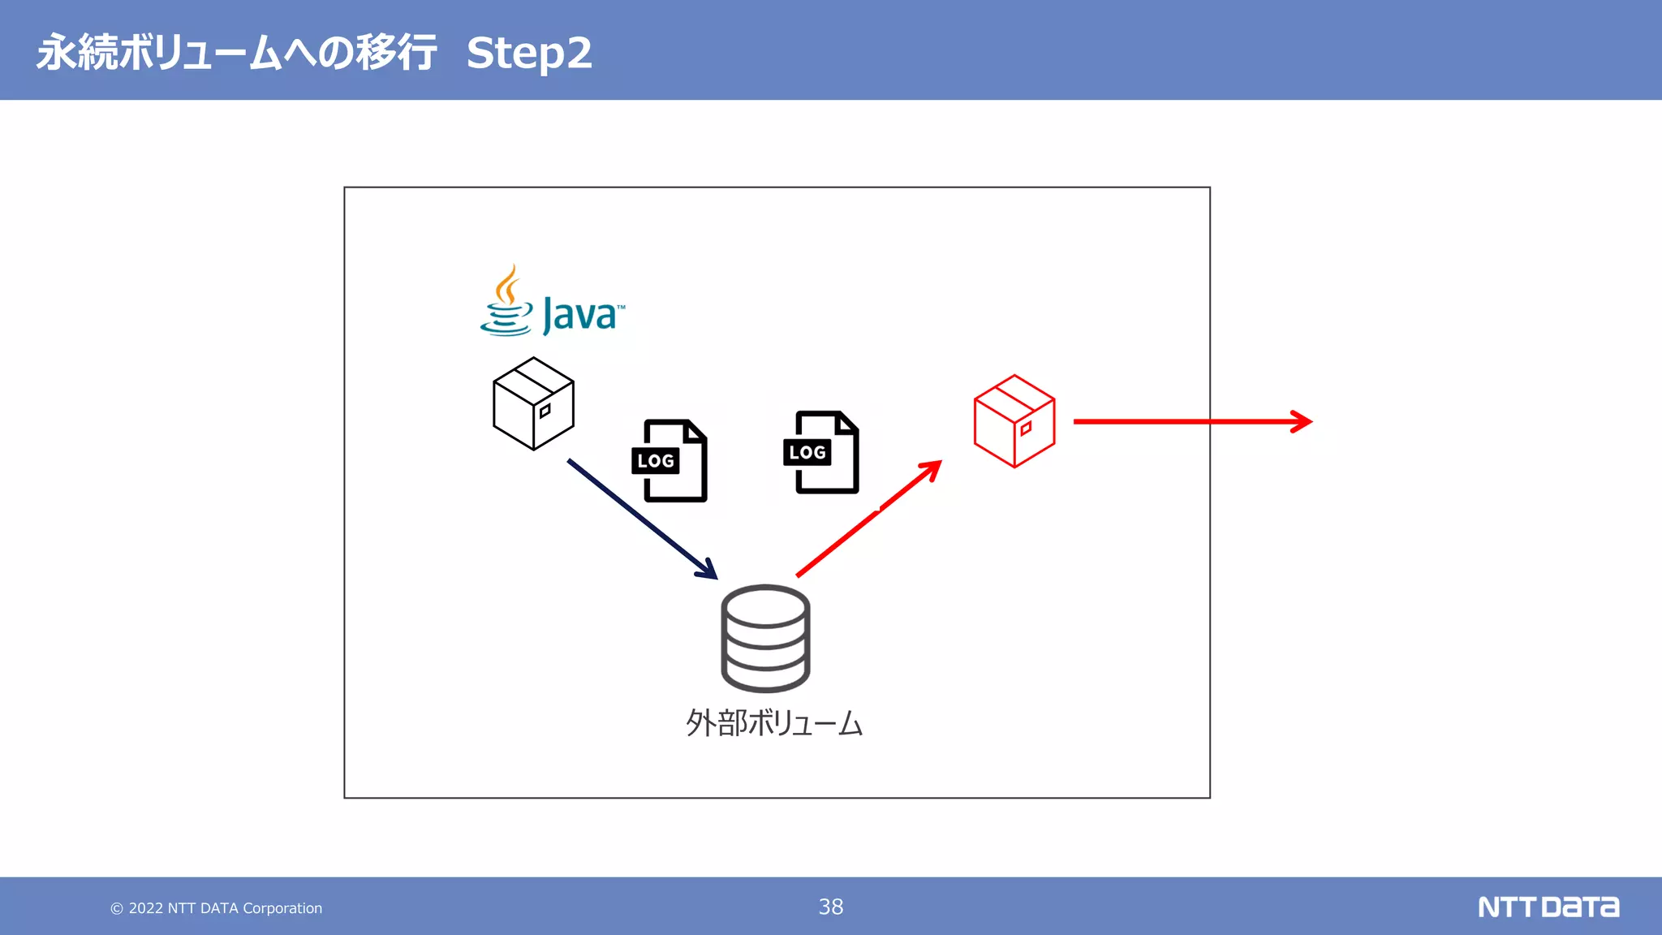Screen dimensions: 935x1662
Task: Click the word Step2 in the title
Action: coord(529,54)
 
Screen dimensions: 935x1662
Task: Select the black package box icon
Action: coord(533,403)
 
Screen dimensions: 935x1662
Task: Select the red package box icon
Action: coord(1014,420)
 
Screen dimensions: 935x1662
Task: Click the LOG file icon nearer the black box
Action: coord(670,460)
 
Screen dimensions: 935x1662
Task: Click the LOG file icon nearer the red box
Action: coord(821,452)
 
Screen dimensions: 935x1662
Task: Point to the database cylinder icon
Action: coord(765,638)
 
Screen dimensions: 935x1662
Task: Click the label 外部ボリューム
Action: coord(774,722)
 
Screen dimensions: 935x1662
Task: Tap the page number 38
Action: coord(830,907)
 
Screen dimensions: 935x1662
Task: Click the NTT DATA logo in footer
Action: coord(1548,907)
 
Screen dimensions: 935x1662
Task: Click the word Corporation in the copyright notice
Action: coord(282,908)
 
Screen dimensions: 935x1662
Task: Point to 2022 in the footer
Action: coord(146,908)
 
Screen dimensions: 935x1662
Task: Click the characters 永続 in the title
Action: coord(78,54)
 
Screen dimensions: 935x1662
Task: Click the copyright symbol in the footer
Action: coord(117,909)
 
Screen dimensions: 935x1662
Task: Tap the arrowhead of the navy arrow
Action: coord(708,571)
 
